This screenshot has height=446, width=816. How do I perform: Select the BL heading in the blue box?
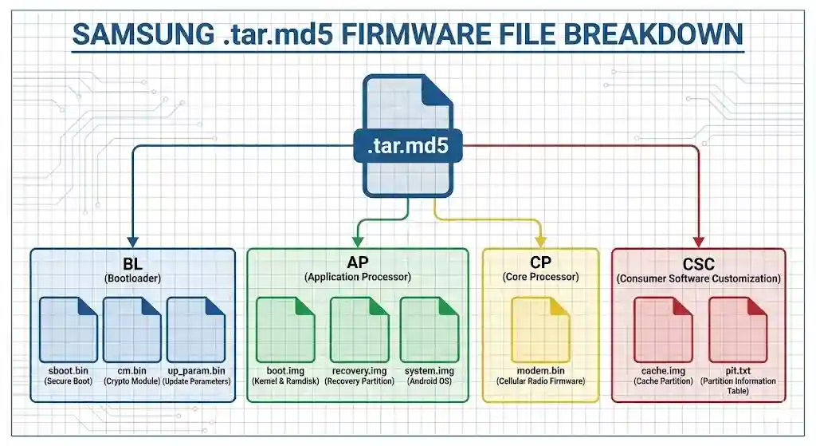coord(133,263)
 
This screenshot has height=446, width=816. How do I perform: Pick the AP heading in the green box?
coord(357,263)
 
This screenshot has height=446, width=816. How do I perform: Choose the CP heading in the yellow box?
coord(540,263)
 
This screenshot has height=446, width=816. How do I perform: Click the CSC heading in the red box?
coord(698,263)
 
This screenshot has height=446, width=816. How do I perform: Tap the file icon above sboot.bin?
coord(69,329)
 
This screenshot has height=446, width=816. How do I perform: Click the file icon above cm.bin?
coord(132,329)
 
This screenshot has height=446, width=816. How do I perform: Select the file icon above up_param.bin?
coord(196,329)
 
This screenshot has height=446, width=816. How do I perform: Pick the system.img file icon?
coord(430,329)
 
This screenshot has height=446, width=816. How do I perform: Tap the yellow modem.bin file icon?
coord(540,329)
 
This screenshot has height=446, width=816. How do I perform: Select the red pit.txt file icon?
coord(737,329)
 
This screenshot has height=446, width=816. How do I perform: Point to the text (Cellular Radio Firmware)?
coord(540,381)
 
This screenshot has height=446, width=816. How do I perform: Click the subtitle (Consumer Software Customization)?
coord(698,279)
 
